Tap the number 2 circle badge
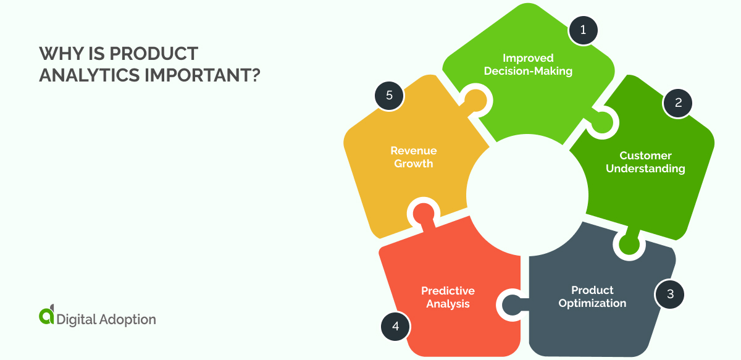[x=677, y=103]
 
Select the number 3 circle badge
[x=670, y=294]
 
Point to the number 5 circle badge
[x=389, y=96]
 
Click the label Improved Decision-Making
[x=528, y=65]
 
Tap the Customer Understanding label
[x=645, y=162]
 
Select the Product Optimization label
[x=592, y=296]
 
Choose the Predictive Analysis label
[x=448, y=297]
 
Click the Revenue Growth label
[x=413, y=157]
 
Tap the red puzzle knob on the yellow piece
[x=422, y=212]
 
